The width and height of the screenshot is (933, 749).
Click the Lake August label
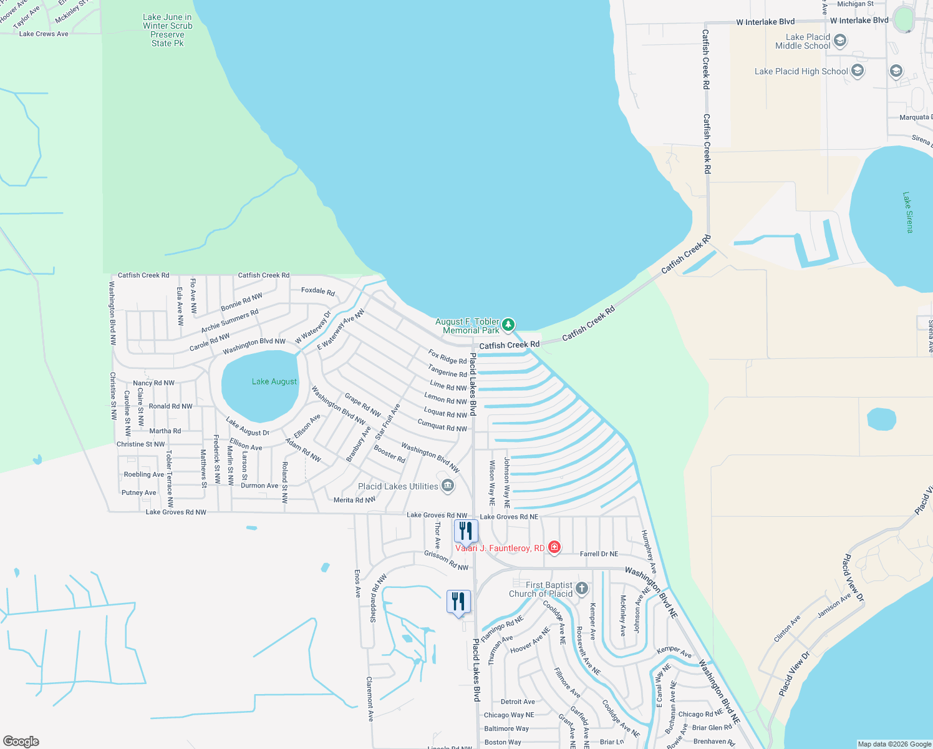(274, 381)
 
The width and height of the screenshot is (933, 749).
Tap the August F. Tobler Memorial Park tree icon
(508, 325)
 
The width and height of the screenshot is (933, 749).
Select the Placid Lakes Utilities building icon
(448, 486)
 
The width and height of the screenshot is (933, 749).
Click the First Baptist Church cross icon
(582, 588)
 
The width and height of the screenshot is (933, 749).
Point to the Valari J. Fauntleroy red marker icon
(553, 548)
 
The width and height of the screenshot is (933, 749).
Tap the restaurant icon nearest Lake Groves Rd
(466, 531)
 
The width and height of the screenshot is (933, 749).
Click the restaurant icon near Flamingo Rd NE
(458, 602)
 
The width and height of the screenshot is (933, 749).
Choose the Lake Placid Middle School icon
(840, 41)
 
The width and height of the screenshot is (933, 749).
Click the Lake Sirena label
(907, 212)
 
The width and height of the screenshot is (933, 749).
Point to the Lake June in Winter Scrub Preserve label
(167, 31)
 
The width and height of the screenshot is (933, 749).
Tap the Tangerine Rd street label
(447, 371)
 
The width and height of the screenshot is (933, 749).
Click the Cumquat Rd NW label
(442, 427)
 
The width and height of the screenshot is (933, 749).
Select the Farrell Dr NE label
(599, 554)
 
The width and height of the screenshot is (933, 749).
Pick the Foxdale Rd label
(318, 291)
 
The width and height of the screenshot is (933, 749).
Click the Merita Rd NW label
(354, 500)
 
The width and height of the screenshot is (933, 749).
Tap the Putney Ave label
(138, 492)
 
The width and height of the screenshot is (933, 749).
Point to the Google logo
(21, 742)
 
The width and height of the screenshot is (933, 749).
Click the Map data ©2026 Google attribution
(894, 744)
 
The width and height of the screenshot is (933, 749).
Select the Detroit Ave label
(518, 702)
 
